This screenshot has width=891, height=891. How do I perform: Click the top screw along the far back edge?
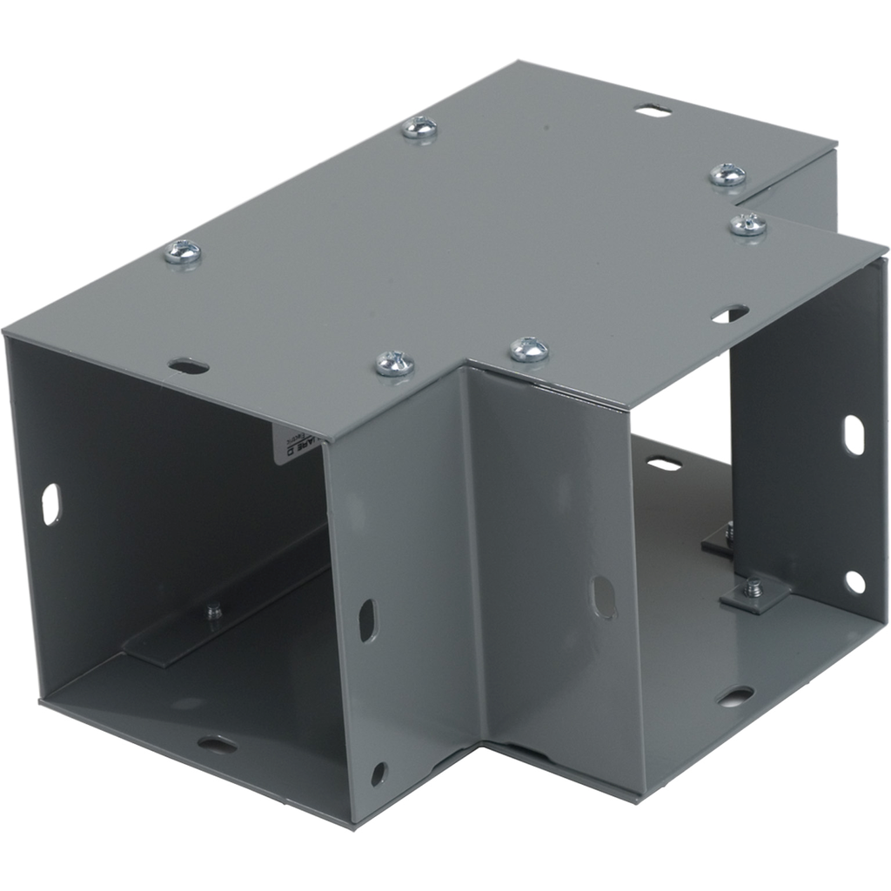coord(420,128)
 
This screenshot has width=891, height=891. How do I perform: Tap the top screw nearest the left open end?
coord(183,252)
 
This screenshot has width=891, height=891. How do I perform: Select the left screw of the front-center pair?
coord(394,363)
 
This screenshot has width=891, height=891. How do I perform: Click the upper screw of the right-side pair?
coord(727,175)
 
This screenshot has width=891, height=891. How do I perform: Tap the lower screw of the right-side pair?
coord(747,224)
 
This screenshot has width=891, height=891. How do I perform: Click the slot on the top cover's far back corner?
coord(653,111)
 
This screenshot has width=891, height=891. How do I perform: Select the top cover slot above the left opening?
coord(189,366)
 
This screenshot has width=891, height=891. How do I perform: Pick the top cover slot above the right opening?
coord(729,314)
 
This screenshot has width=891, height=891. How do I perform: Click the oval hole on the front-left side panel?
coord(367,620)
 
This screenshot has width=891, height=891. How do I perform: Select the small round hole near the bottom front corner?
coord(379,773)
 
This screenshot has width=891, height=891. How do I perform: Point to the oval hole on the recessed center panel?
coord(603,597)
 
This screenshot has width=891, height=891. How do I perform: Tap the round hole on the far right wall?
coord(854,581)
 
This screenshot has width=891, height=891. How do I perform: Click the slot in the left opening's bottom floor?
coord(216,744)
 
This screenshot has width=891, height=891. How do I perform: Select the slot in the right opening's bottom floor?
coord(735,696)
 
